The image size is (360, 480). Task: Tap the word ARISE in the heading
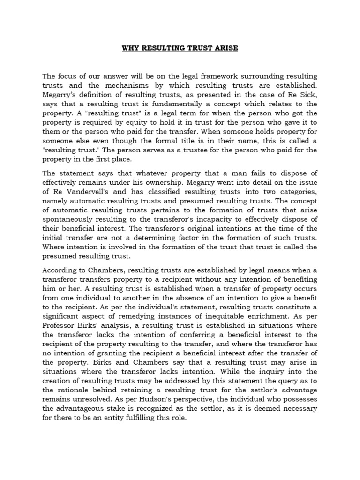(x=225, y=48)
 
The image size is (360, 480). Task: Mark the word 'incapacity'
(x=223, y=220)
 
